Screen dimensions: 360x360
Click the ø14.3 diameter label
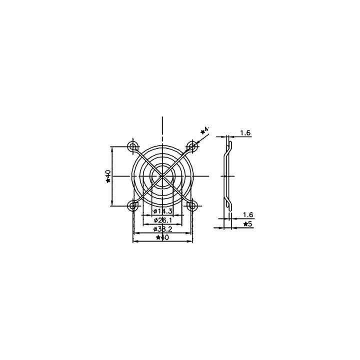point(163,212)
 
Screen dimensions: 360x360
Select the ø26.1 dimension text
point(163,220)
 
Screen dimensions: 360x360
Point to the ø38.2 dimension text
point(163,228)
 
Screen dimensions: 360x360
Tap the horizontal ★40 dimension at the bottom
point(162,237)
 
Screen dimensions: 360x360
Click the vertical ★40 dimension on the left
point(107,175)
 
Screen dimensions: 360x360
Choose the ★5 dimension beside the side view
point(247,224)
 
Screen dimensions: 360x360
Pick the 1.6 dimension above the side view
point(245,132)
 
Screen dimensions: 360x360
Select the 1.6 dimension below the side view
point(247,215)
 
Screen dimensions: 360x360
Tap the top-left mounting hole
point(133,146)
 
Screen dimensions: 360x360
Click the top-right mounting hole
point(191,146)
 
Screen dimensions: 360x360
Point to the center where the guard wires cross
point(162,175)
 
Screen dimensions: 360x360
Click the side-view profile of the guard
point(226,175)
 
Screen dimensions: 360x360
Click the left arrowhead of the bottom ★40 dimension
point(134,241)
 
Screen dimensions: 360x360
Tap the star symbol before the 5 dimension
point(244,224)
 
